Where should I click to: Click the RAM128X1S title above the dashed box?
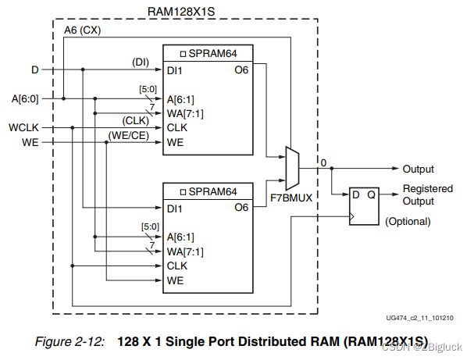[181, 12]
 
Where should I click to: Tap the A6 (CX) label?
[83, 30]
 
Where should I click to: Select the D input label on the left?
[35, 70]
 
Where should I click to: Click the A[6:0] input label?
[25, 99]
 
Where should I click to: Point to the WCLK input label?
[24, 127]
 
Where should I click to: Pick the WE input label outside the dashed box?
[30, 142]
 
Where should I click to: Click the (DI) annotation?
[141, 62]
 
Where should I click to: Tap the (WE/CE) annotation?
[129, 135]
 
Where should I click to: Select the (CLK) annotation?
[135, 120]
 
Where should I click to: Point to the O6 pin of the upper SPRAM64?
[241, 70]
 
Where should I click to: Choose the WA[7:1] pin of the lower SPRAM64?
[185, 251]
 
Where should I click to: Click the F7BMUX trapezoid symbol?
[292, 169]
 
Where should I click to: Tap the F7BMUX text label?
[290, 198]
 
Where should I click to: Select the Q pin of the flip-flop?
[371, 195]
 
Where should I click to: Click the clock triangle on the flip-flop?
[352, 216]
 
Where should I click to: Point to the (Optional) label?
[408, 221]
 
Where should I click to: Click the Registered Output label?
[428, 194]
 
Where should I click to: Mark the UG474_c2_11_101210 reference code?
[419, 318]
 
